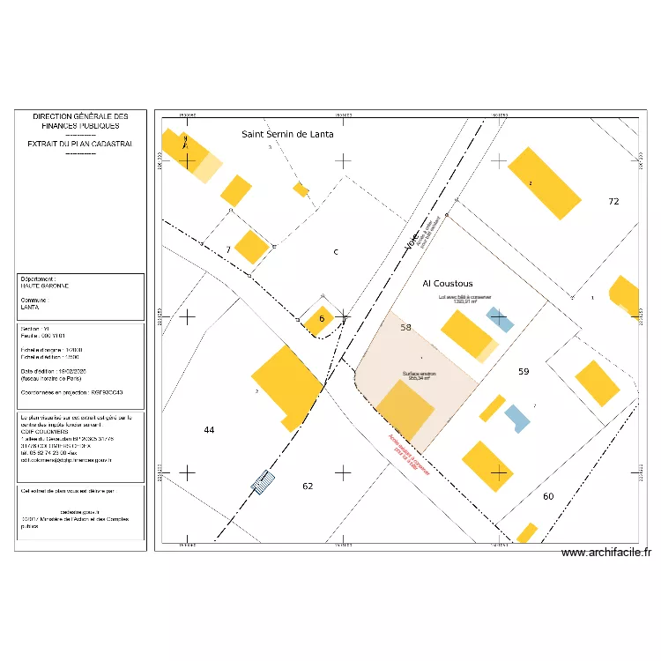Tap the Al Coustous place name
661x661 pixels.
coord(447,284)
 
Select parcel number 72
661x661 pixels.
coord(613,202)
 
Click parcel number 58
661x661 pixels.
coord(405,327)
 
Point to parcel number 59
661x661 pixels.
coord(524,372)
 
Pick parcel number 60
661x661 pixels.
coord(548,496)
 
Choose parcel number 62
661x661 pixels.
coord(308,486)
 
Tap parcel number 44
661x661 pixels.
coord(209,430)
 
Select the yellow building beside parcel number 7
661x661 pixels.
coord(251,247)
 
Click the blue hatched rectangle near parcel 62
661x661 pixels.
coord(263,482)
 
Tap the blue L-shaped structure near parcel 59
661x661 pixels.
coord(516,418)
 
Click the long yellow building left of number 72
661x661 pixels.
coord(545,182)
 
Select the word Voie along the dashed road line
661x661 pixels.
coord(412,242)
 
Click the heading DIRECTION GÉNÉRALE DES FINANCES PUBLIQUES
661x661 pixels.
coord(80,122)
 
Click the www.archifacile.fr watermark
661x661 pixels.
coord(605,553)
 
